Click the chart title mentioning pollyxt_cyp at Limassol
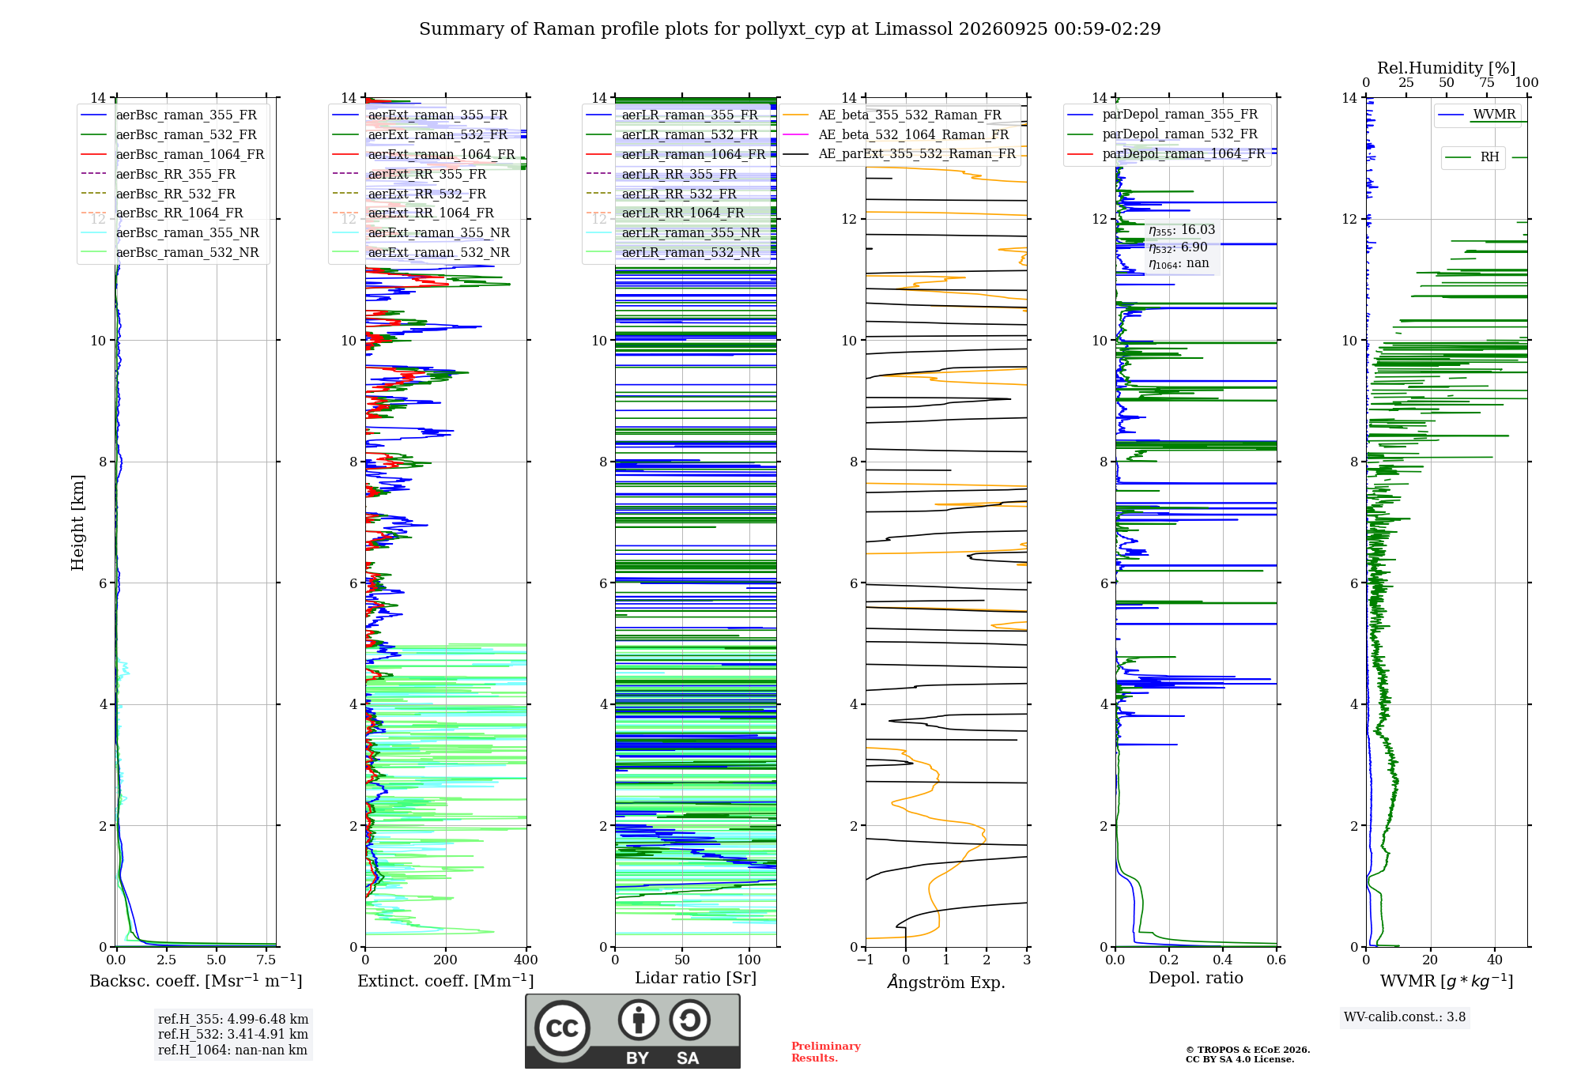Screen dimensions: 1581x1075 [x=790, y=29]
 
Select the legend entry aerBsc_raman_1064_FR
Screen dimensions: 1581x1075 [x=172, y=154]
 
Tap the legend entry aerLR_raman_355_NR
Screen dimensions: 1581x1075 [x=674, y=232]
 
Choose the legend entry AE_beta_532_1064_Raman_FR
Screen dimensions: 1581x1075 [x=896, y=134]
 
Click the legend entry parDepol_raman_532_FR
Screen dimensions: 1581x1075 [x=1163, y=134]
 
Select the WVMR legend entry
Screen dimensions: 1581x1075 [x=1477, y=115]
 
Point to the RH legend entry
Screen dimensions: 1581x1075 [x=1472, y=157]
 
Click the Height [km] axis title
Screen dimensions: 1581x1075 [x=77, y=522]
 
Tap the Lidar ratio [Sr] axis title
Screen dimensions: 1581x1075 [x=696, y=978]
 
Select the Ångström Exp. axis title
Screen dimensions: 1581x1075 [x=946, y=982]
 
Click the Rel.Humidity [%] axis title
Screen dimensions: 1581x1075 [x=1447, y=68]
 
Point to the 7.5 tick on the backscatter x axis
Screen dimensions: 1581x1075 [x=266, y=960]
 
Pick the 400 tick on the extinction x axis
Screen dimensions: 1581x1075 [x=526, y=960]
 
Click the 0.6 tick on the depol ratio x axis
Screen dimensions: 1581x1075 [x=1277, y=960]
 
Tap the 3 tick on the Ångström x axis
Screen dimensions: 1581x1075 [x=1027, y=960]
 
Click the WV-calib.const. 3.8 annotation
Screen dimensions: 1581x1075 [x=1405, y=1017]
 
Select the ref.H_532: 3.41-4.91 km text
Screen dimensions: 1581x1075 [x=232, y=1034]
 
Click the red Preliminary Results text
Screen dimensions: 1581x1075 [x=826, y=1052]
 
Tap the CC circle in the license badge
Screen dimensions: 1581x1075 [x=562, y=1028]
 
